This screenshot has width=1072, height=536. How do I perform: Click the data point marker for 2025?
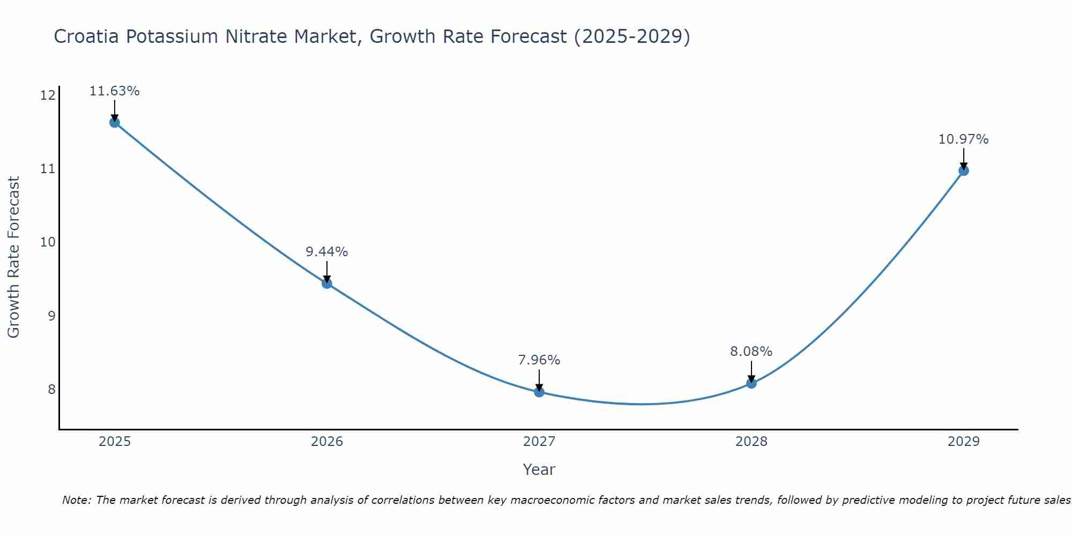click(x=115, y=122)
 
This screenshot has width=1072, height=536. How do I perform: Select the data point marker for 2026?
click(x=327, y=283)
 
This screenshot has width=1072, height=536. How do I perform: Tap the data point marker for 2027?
click(x=539, y=392)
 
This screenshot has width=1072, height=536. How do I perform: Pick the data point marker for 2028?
click(x=751, y=383)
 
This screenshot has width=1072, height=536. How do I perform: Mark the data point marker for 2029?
click(x=963, y=170)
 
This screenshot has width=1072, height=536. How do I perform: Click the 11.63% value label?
click(x=114, y=91)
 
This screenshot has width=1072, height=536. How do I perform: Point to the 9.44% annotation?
click(x=327, y=252)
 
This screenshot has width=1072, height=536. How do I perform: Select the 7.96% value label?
click(x=539, y=360)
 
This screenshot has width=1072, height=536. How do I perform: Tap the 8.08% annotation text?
click(x=751, y=352)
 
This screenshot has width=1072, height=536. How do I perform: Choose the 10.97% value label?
click(x=963, y=139)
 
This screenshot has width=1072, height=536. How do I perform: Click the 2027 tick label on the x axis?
click(x=539, y=442)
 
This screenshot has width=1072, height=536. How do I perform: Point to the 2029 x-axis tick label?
click(x=963, y=442)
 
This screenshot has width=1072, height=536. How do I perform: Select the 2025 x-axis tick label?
click(x=115, y=442)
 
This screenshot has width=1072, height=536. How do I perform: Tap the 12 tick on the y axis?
click(x=48, y=95)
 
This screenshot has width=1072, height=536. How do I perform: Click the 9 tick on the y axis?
click(x=51, y=316)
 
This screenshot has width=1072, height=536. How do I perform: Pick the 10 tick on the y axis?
click(x=48, y=242)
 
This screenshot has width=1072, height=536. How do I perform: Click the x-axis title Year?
click(x=539, y=470)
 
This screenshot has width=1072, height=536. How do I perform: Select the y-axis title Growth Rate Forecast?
click(x=14, y=257)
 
